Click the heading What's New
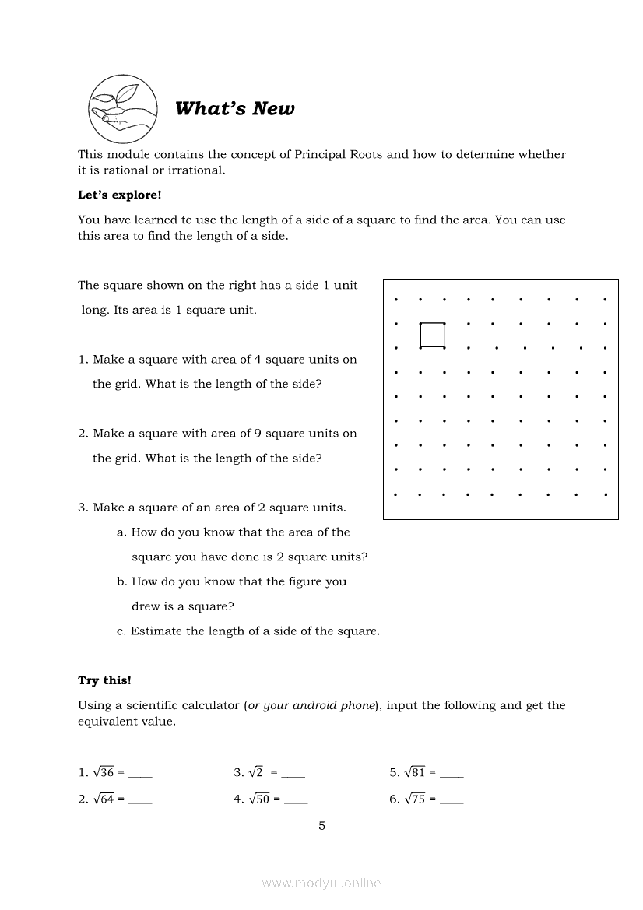click(235, 109)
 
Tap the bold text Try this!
click(104, 680)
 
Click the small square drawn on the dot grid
click(432, 335)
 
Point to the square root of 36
click(104, 773)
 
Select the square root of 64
click(104, 799)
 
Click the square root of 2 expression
click(256, 773)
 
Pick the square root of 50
click(259, 799)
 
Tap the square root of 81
click(415, 773)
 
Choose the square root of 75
click(415, 799)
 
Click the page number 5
click(322, 826)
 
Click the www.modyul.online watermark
click(321, 884)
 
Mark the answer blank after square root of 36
click(140, 776)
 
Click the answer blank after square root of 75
click(452, 802)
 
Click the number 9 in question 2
click(258, 433)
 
